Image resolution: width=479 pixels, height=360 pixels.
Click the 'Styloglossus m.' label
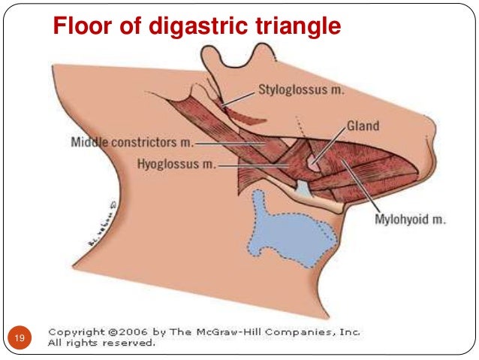(x=301, y=90)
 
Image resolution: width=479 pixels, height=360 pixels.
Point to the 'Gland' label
(x=363, y=126)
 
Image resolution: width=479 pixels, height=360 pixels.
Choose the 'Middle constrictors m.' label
(x=132, y=141)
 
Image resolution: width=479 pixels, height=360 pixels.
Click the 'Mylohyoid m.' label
(x=410, y=219)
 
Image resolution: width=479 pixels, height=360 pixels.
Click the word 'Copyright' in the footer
(x=76, y=331)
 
